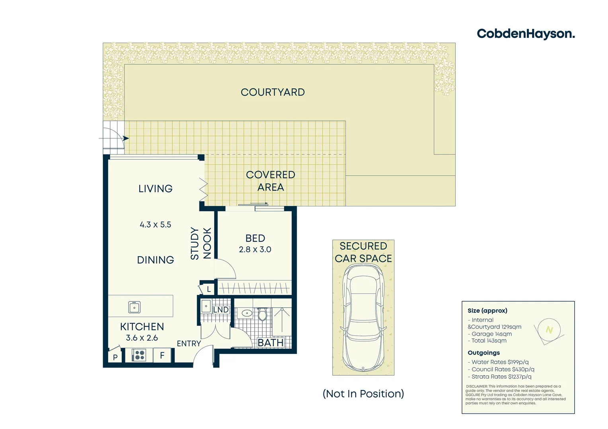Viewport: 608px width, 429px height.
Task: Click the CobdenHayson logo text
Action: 525,34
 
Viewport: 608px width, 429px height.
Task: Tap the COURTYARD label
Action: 273,92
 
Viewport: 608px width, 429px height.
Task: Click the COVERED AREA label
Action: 271,181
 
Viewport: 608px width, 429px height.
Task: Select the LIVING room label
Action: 155,189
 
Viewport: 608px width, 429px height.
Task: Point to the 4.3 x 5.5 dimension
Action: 155,225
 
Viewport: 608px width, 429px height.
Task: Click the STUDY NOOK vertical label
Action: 201,243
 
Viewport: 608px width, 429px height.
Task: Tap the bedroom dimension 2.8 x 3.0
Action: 255,249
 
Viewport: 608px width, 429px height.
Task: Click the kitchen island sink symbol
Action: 134,307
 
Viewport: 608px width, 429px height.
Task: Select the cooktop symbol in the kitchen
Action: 138,355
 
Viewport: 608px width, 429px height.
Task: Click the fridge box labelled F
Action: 162,355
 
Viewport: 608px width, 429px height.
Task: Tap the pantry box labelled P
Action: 115,357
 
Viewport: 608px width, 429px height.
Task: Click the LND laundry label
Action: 221,310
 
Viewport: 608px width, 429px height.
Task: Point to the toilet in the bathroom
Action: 262,315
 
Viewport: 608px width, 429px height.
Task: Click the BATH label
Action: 271,342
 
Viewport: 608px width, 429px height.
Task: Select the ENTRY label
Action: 189,344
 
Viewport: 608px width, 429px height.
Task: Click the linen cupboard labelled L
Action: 209,290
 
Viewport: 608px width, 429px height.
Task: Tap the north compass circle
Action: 549,330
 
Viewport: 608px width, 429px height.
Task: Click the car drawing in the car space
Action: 363,318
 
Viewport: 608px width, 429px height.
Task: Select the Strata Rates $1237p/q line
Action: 501,377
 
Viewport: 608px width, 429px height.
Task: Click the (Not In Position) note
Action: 363,394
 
